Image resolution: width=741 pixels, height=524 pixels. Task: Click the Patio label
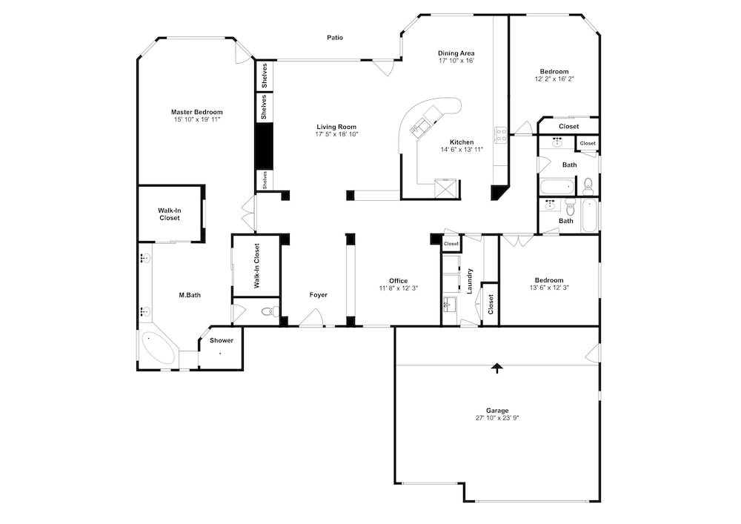pos(335,37)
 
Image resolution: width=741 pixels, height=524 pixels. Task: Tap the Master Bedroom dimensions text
pos(197,119)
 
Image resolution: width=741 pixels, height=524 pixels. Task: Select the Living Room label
pos(336,127)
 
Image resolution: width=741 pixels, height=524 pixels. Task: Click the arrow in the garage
pos(496,368)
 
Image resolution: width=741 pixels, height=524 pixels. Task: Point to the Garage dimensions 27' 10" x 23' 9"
pos(497,418)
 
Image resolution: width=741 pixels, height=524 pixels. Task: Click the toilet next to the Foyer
pos(270,311)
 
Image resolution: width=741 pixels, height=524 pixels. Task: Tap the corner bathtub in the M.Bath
pos(157,348)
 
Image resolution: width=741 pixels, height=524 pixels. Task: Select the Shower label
pos(222,340)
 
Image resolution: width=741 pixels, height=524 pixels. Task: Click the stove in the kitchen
pos(500,135)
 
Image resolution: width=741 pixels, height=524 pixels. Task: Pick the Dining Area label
pos(456,53)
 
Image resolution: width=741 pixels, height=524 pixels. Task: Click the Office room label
pos(399,281)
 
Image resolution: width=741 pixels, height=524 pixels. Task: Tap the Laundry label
pos(470,281)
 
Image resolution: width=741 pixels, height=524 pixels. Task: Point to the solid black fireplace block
pos(265,146)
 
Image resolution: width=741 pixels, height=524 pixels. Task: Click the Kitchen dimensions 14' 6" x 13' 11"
pos(462,150)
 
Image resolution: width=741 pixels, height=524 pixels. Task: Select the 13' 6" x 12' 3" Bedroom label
pos(549,280)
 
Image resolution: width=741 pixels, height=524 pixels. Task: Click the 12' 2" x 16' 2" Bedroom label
pos(554,72)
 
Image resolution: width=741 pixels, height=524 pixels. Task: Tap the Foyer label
pos(319,295)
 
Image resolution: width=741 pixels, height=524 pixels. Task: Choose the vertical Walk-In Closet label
pos(257,265)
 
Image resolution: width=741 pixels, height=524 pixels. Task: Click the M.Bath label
pos(190,295)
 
